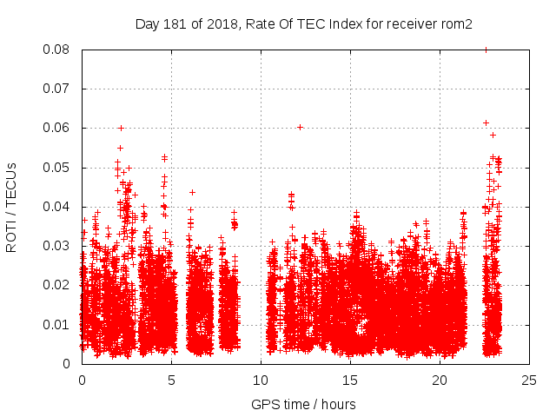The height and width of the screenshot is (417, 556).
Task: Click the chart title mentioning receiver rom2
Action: (x=303, y=24)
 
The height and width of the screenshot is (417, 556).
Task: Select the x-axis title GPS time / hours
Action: (x=303, y=404)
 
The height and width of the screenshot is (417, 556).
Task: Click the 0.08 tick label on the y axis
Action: (x=58, y=50)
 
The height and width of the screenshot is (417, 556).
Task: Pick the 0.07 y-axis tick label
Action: (x=58, y=89)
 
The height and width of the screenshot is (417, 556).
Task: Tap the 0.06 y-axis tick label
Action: (x=58, y=128)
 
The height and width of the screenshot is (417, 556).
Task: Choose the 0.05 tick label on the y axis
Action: (x=58, y=167)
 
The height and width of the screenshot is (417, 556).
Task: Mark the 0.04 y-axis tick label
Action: (x=58, y=207)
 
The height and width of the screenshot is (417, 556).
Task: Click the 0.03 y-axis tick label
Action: (x=58, y=246)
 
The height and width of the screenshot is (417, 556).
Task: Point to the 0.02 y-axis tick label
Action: (x=58, y=285)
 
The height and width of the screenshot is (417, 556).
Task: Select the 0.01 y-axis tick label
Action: (x=58, y=324)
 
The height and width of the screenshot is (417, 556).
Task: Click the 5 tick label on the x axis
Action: (x=171, y=380)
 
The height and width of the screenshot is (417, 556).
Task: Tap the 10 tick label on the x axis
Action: (x=261, y=380)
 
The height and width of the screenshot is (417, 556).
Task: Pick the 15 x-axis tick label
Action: (x=350, y=380)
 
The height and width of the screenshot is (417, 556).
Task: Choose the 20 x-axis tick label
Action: (x=440, y=380)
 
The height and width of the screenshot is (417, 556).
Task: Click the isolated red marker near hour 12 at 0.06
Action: (x=300, y=127)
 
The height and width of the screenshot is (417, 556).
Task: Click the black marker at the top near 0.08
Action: (x=486, y=50)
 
